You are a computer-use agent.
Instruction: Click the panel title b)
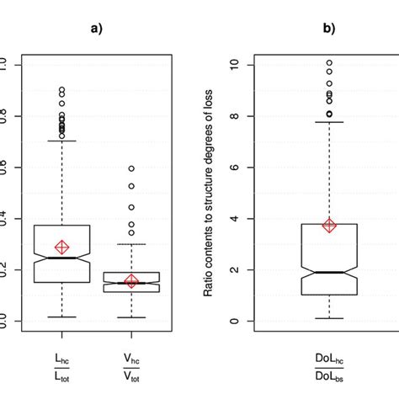(x=328, y=29)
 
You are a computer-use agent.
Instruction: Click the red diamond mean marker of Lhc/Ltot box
(x=61, y=247)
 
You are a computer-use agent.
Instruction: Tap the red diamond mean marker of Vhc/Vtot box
(x=131, y=281)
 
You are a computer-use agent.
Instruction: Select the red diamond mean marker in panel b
(x=329, y=225)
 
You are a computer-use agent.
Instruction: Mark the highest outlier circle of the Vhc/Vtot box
(x=131, y=168)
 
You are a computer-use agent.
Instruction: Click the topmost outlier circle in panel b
(x=329, y=62)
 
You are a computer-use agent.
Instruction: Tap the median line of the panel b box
(x=329, y=272)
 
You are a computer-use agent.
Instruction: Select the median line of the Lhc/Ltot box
(x=61, y=258)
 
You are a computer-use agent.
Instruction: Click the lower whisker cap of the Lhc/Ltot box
(x=61, y=317)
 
